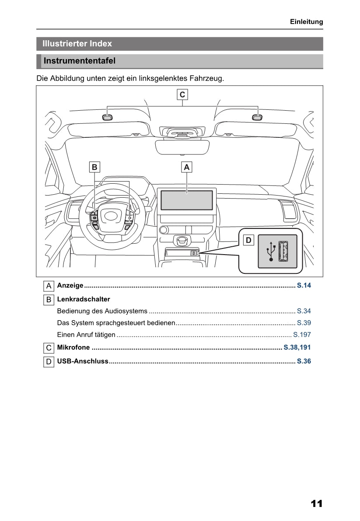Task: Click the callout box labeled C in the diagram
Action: point(182,94)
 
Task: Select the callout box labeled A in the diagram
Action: point(187,167)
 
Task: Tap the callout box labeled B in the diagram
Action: point(94,167)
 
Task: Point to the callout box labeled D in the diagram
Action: point(248,240)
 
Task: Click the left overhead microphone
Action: point(107,117)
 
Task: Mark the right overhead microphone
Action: point(258,117)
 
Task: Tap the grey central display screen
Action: point(187,200)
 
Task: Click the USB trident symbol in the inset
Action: point(271,252)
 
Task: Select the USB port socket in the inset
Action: point(283,252)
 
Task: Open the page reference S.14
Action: point(304,286)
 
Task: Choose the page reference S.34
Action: point(304,311)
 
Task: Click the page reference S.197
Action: point(302,335)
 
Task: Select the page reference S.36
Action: point(304,361)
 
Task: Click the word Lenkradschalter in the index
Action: point(84,299)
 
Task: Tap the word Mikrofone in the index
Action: point(73,347)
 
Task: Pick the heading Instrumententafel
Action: point(80,61)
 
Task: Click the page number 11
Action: point(316,504)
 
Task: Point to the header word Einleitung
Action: point(306,21)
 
